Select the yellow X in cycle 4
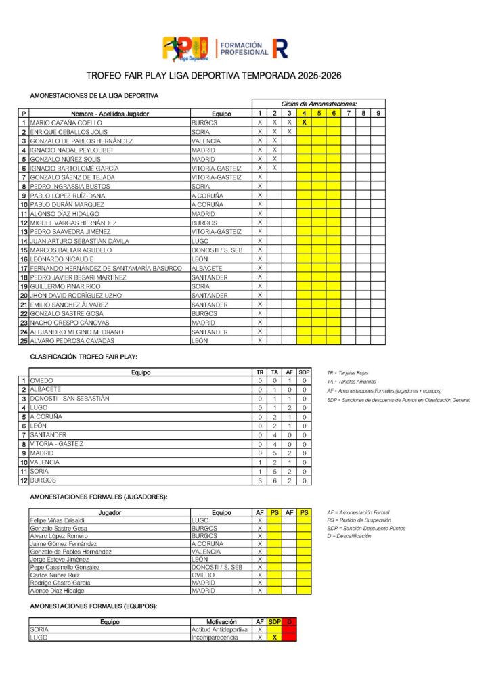point(304,122)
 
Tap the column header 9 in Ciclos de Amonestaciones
point(378,113)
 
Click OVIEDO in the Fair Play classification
point(43,381)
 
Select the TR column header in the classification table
point(260,372)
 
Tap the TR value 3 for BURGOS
point(260,480)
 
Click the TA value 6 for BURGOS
point(275,480)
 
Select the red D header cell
point(290,621)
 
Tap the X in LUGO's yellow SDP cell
point(275,638)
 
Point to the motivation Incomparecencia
point(215,638)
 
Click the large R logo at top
point(280,48)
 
